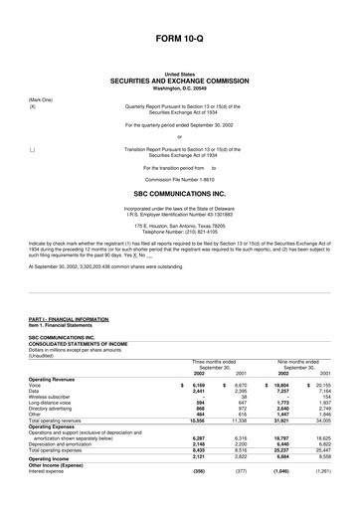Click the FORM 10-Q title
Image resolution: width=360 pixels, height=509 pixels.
click(179, 37)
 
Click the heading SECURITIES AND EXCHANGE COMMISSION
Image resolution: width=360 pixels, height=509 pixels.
click(179, 81)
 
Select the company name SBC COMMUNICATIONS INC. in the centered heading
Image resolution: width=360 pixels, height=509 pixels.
click(179, 195)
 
